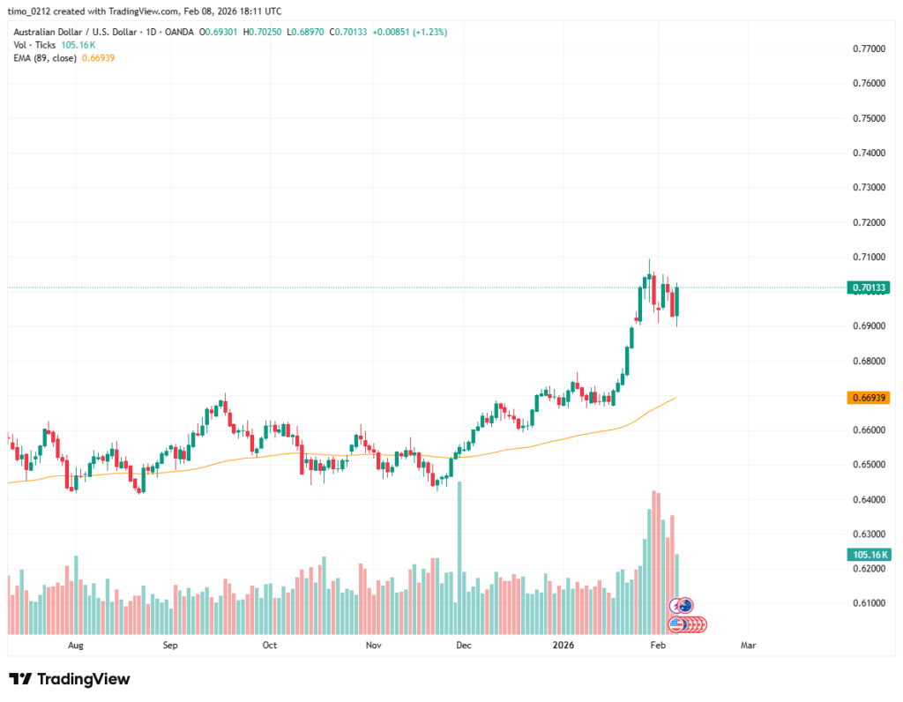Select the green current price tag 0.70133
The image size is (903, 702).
(869, 288)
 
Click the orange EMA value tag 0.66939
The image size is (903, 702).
(869, 398)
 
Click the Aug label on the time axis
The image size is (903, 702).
(75, 646)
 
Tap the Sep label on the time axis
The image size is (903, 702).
(170, 646)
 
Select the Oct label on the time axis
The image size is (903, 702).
(270, 646)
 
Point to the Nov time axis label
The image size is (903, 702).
(373, 646)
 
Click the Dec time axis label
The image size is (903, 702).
(464, 646)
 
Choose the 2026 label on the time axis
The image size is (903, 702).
(563, 646)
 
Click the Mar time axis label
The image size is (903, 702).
(749, 646)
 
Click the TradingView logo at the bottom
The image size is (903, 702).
(70, 679)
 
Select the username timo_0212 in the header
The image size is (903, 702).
(32, 11)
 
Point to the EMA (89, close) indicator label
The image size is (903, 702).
(45, 57)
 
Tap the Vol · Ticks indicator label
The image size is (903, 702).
(34, 44)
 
